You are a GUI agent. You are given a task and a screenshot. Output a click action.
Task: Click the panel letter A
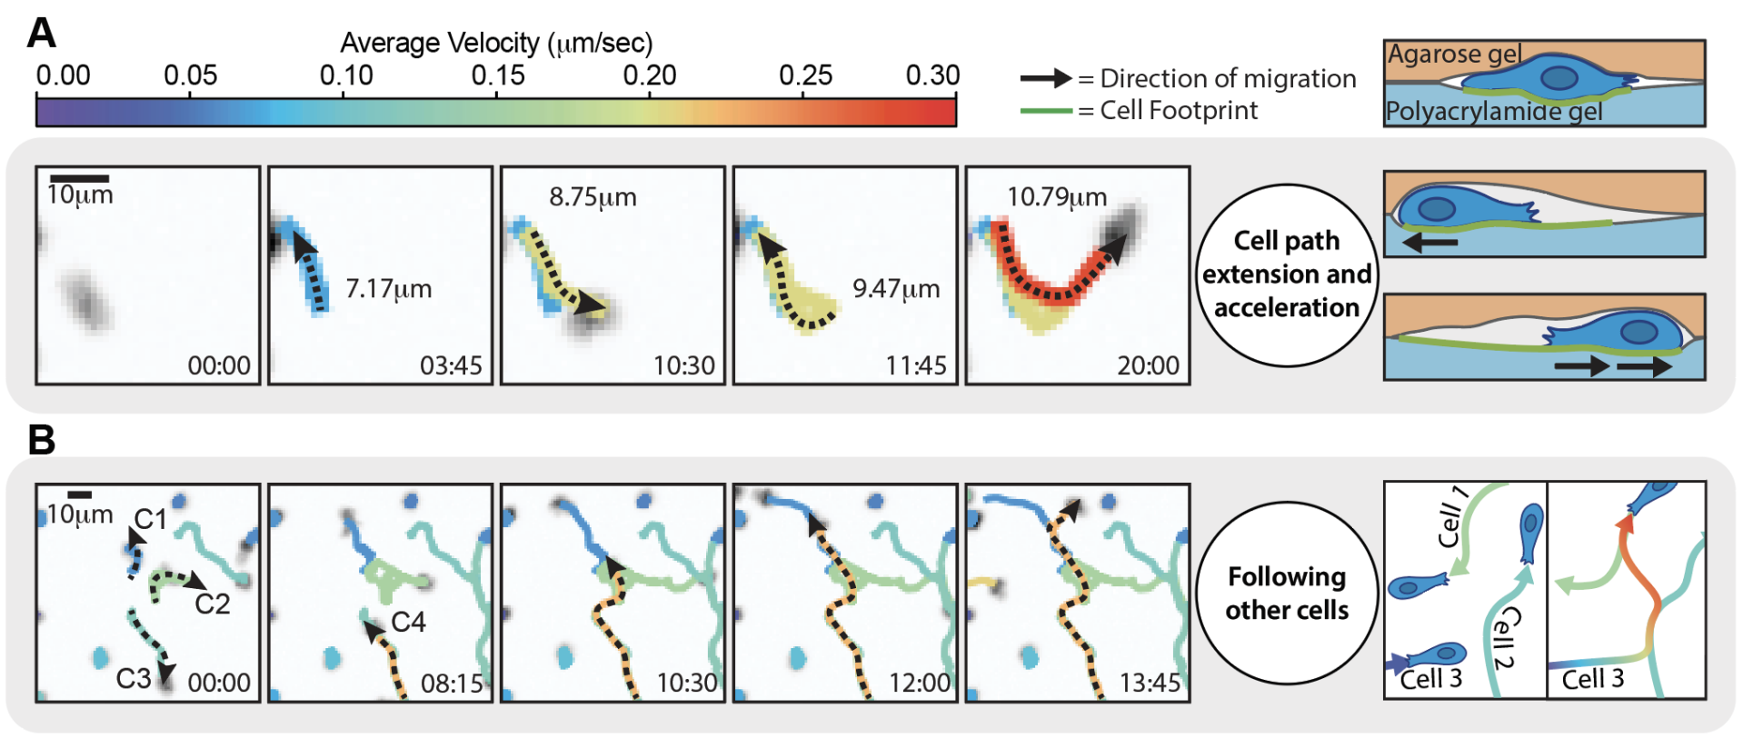[x=42, y=34]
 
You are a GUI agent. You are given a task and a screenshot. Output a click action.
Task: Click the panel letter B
[x=42, y=439]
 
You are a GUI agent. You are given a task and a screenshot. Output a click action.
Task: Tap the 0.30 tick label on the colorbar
[x=932, y=75]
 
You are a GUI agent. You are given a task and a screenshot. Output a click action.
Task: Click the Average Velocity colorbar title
[x=496, y=43]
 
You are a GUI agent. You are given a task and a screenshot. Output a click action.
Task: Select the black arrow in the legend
[x=1046, y=78]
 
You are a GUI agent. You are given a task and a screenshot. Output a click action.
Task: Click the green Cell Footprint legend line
[x=1046, y=111]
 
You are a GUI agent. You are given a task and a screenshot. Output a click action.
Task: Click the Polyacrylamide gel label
[x=1494, y=112]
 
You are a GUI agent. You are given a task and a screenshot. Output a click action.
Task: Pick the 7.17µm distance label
[x=389, y=289]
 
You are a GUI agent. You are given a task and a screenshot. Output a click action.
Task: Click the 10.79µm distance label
[x=1057, y=196]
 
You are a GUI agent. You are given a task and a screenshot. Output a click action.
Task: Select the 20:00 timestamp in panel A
[x=1148, y=365]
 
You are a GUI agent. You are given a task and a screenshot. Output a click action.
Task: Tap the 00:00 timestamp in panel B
[x=219, y=683]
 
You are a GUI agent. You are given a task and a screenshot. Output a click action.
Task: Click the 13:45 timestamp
[x=1150, y=683]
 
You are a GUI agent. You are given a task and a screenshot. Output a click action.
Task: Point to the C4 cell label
[x=408, y=622]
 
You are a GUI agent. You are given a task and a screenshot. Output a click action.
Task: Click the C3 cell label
[x=134, y=678]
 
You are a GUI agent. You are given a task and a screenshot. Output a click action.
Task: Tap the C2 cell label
[x=213, y=604]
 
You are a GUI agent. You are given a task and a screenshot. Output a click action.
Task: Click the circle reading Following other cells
[x=1287, y=594]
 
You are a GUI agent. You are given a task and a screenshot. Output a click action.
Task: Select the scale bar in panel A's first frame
[x=79, y=178]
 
